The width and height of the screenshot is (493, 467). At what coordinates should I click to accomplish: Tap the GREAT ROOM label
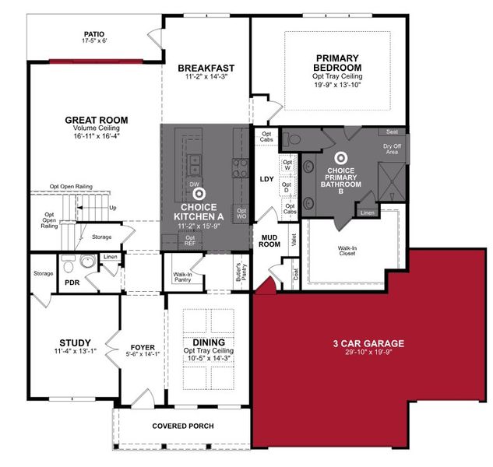[97, 121]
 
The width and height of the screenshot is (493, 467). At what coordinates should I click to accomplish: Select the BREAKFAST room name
[206, 68]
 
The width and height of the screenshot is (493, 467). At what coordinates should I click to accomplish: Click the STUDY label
[76, 342]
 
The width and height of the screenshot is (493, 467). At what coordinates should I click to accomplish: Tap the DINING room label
[209, 342]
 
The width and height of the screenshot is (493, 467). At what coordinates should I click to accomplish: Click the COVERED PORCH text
[183, 426]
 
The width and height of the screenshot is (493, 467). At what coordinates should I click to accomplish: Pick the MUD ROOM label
[270, 237]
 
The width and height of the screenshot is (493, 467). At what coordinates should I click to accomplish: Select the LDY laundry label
[267, 179]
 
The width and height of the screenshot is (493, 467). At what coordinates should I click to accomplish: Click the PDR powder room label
[73, 283]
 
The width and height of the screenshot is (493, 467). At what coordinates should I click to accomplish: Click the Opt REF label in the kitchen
[191, 241]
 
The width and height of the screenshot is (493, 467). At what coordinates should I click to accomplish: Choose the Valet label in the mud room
[294, 241]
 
